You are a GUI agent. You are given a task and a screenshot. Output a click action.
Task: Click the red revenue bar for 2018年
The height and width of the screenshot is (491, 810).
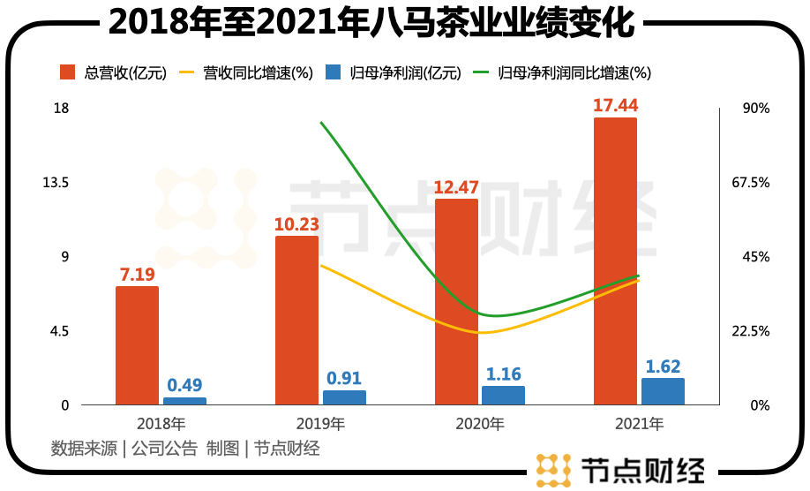tap(137, 345)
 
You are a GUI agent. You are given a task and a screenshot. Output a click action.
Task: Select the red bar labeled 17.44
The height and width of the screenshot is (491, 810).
tap(615, 261)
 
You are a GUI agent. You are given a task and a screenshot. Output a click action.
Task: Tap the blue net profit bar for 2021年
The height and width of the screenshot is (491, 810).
tap(663, 391)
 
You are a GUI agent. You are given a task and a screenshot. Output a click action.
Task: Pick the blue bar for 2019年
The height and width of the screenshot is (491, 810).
tap(344, 397)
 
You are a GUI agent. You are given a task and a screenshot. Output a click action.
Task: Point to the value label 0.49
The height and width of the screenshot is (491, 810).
tap(184, 385)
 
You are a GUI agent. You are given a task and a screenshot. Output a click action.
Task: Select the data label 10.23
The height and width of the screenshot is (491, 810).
tap(296, 224)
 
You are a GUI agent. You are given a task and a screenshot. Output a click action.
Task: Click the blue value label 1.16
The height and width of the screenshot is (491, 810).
tap(503, 374)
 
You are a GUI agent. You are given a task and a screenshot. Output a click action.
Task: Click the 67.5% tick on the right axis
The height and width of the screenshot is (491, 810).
tap(753, 183)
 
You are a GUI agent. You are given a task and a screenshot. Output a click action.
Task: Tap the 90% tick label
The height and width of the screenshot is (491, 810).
tap(753, 109)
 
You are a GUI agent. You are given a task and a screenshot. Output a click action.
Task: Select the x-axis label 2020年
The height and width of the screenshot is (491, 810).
tap(479, 424)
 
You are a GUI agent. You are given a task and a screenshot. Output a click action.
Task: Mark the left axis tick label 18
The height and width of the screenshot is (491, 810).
tap(86, 109)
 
